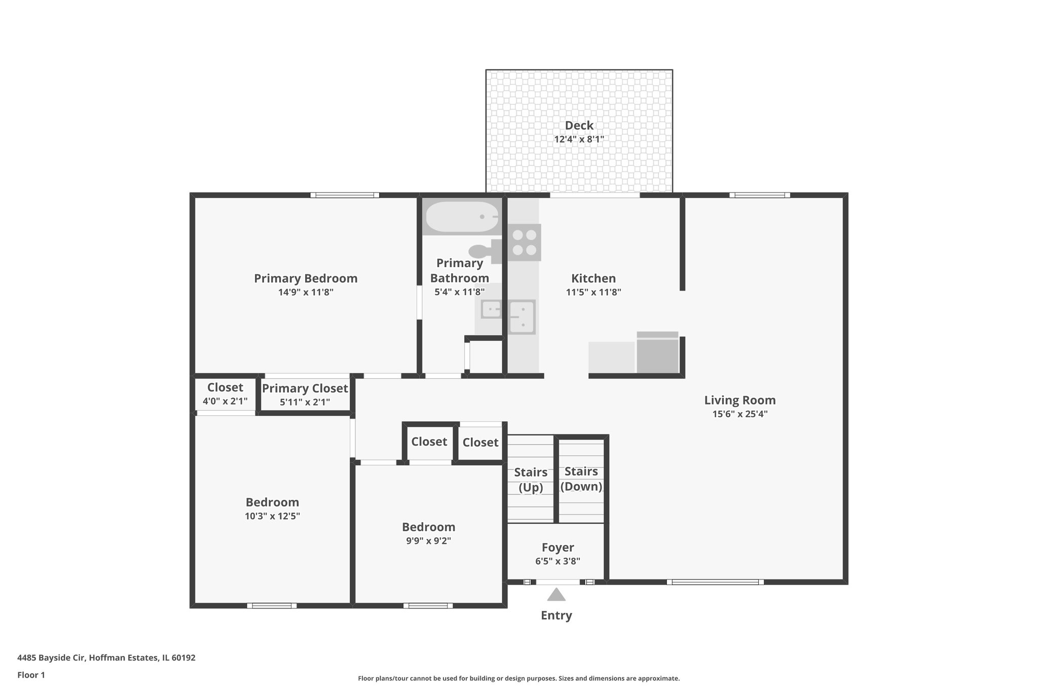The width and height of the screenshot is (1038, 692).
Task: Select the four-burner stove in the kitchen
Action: [x=524, y=242]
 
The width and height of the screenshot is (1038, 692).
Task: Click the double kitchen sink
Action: [x=522, y=316]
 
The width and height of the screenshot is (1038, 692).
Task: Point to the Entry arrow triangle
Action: [x=556, y=595]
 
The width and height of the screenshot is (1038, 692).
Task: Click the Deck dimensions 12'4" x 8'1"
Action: [x=579, y=139]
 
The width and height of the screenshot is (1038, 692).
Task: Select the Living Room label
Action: [x=739, y=400]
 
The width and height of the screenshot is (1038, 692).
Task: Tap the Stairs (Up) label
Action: [x=530, y=480]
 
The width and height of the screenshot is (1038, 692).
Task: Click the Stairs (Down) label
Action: [x=581, y=479]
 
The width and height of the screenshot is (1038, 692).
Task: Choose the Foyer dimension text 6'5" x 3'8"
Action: [x=558, y=561]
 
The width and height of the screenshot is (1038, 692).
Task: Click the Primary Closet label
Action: [x=305, y=388]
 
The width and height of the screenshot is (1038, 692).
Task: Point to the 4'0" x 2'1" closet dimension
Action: [x=225, y=402]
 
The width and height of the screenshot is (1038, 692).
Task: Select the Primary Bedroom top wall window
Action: [x=345, y=195]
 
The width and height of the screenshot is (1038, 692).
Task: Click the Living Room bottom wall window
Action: [x=715, y=582]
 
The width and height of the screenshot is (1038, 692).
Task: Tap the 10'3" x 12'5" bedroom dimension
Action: [x=272, y=516]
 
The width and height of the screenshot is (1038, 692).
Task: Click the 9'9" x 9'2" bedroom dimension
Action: [x=428, y=540]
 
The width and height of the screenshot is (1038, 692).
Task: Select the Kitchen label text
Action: [x=593, y=278]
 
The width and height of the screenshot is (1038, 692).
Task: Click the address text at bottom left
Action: [x=106, y=658]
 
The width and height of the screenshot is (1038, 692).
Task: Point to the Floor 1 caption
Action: [x=31, y=675]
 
